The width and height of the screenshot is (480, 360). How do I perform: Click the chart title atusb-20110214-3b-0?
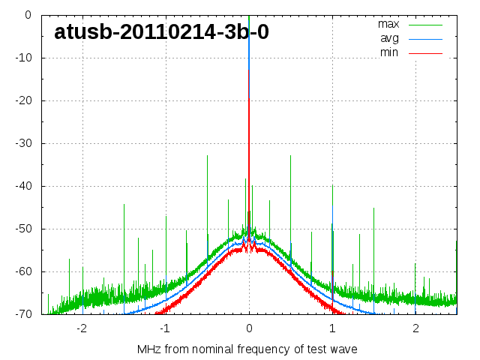[161, 32]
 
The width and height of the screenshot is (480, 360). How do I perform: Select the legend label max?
[388, 24]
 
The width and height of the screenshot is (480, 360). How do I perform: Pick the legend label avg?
[389, 38]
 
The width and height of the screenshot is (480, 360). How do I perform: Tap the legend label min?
[389, 52]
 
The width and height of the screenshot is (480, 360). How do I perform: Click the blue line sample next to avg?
[426, 38]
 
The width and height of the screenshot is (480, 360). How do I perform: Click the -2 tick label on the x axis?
[81, 328]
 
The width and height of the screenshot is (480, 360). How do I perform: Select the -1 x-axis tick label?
[164, 328]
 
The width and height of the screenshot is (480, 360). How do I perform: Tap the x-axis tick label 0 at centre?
[249, 328]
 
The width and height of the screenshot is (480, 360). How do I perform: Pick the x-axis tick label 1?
[332, 328]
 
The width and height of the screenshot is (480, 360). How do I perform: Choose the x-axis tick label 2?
[415, 328]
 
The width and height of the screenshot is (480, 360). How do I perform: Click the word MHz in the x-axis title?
[148, 349]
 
